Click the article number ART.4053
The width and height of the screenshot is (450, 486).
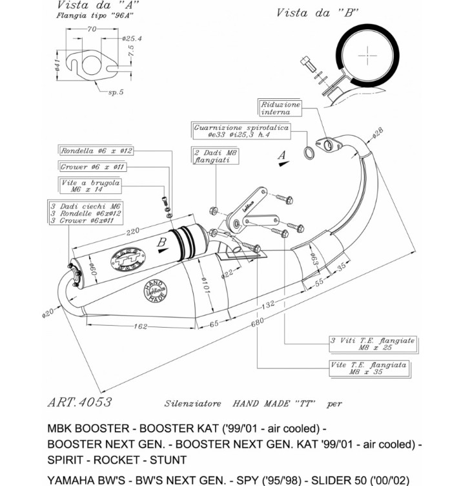[79, 402]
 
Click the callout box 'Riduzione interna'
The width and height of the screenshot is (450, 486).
[281, 108]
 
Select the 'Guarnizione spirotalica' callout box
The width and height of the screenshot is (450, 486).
[241, 132]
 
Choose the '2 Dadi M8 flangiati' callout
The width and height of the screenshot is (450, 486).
[212, 156]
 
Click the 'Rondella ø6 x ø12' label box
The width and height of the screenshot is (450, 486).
[97, 151]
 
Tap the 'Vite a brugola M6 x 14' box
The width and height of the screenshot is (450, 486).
[96, 187]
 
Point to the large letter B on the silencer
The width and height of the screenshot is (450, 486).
[161, 243]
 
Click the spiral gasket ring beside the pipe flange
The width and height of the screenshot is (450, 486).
[310, 153]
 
